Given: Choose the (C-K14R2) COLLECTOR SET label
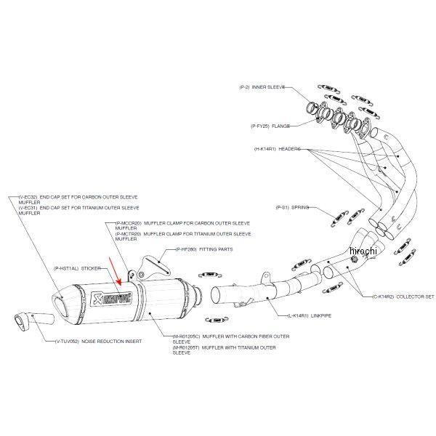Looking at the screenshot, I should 392,296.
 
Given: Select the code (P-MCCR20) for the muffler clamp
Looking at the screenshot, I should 129,223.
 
